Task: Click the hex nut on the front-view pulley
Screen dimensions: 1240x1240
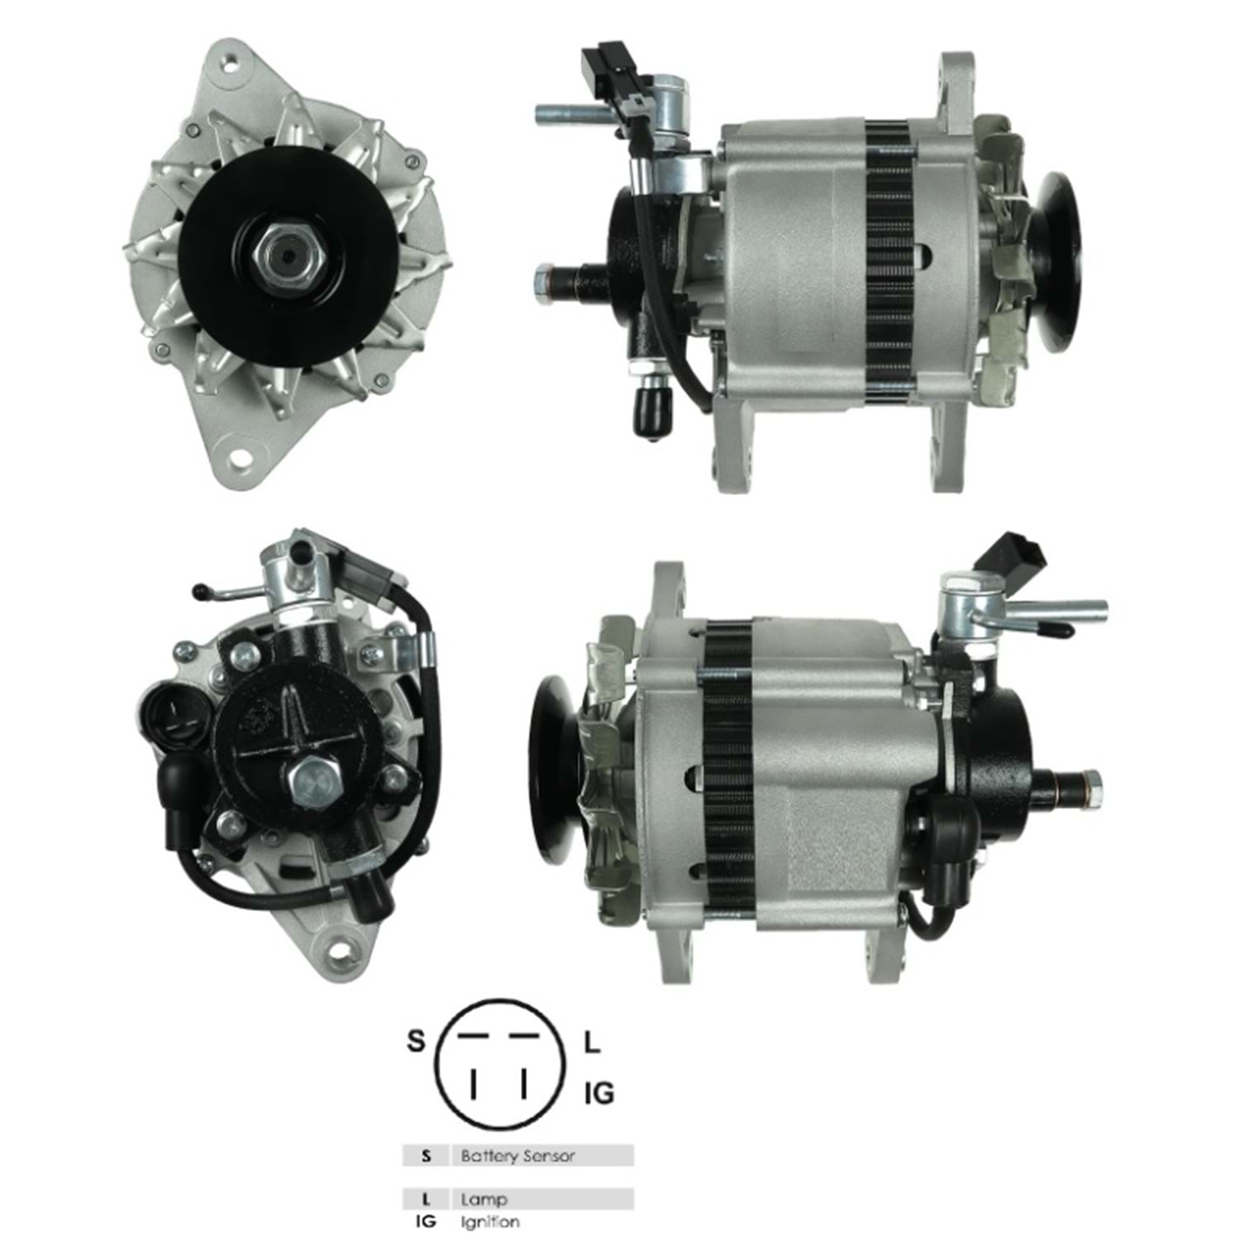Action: [x=287, y=255]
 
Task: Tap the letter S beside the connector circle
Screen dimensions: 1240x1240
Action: [x=416, y=1041]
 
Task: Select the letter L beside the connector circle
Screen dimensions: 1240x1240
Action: [x=592, y=1043]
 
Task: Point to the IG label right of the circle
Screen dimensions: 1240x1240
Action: [x=599, y=1094]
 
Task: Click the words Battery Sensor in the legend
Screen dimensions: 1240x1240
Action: [x=517, y=1156]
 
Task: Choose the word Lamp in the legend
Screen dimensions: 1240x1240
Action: [x=484, y=1199]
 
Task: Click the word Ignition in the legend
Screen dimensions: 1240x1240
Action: [x=490, y=1221]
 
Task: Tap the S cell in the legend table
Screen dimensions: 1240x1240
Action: [x=426, y=1156]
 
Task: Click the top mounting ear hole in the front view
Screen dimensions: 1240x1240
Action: [x=227, y=60]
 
